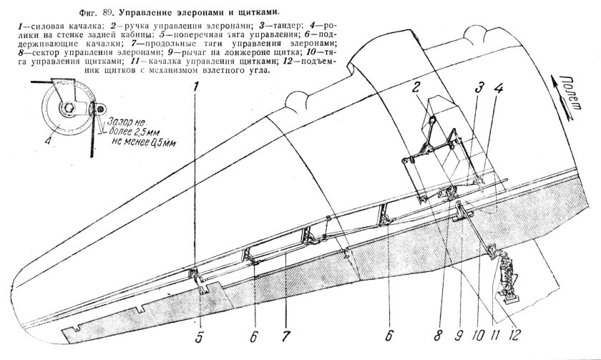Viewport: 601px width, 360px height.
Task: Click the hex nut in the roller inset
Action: [64, 110]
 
